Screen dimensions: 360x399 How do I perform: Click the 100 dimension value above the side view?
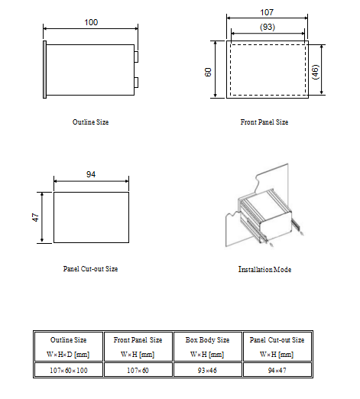click(x=91, y=22)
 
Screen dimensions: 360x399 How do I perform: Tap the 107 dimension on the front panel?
click(x=267, y=12)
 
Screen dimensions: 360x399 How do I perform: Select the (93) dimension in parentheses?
click(x=268, y=27)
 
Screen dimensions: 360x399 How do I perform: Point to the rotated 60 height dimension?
click(x=208, y=72)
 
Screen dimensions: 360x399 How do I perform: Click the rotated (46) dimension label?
click(x=316, y=72)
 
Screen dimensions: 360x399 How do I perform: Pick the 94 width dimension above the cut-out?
click(x=91, y=174)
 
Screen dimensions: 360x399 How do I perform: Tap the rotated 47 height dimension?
click(x=36, y=217)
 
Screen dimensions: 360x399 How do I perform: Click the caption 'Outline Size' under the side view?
click(x=90, y=122)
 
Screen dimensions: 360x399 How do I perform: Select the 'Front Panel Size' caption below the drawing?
click(x=264, y=122)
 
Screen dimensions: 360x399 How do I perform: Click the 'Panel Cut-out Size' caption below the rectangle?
click(x=90, y=269)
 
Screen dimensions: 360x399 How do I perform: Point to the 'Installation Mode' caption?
click(x=264, y=269)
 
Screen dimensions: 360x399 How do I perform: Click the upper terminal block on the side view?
click(x=136, y=57)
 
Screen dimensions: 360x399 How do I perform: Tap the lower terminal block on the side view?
click(x=136, y=83)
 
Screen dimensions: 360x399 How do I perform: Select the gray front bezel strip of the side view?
click(x=44, y=70)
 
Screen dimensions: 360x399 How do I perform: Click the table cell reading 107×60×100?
click(x=69, y=370)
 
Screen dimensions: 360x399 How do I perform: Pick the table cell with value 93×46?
click(x=207, y=370)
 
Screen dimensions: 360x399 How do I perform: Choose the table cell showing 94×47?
click(x=277, y=370)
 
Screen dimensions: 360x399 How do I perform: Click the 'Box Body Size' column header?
click(x=207, y=347)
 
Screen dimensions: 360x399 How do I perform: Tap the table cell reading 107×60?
click(x=138, y=370)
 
